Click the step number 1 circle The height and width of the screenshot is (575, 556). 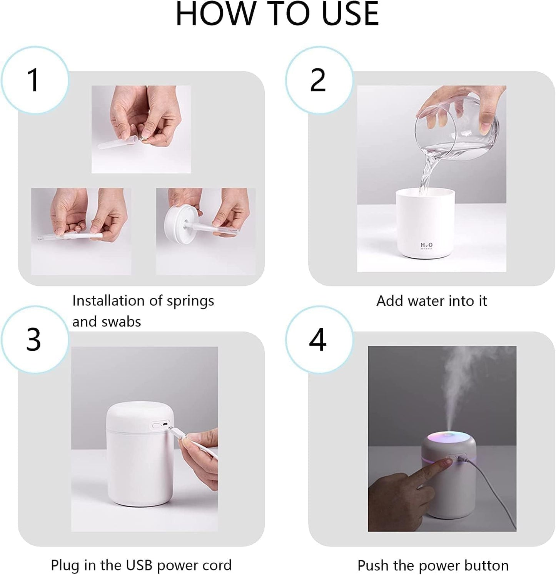click(x=35, y=80)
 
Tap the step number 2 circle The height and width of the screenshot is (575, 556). click(x=319, y=80)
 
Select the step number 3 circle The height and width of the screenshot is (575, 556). click(x=35, y=340)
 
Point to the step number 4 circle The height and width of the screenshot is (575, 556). click(x=319, y=340)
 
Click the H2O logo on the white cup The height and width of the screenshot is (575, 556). click(x=426, y=245)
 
